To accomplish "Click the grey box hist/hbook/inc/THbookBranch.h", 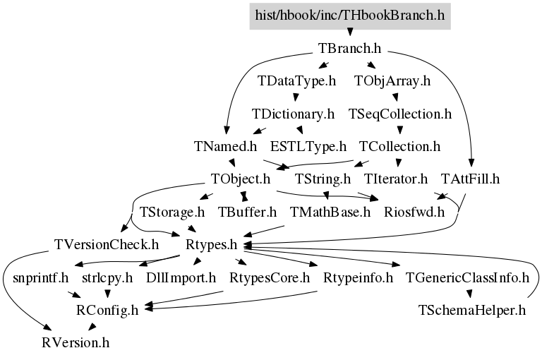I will tap(349, 15).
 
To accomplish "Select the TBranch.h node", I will tap(350, 49).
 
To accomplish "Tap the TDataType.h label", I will tap(296, 81).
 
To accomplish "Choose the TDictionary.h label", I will tap(293, 114).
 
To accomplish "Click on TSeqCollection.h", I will tap(400, 114).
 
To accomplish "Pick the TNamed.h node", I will tap(225, 147).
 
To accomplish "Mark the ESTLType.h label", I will tap(308, 147).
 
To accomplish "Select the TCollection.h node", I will tap(399, 147).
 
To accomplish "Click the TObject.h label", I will tap(241, 179).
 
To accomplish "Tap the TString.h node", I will tap(323, 179).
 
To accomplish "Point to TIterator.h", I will tap(396, 179).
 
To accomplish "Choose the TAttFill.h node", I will tap(470, 179).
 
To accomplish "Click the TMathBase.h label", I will tap(330, 212).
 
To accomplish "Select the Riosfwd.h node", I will tap(414, 212).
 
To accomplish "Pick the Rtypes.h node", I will tap(210, 245).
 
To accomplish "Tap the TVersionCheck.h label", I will tap(107, 245).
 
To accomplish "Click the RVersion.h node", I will tap(75, 344).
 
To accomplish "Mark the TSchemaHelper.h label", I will tap(472, 311).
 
